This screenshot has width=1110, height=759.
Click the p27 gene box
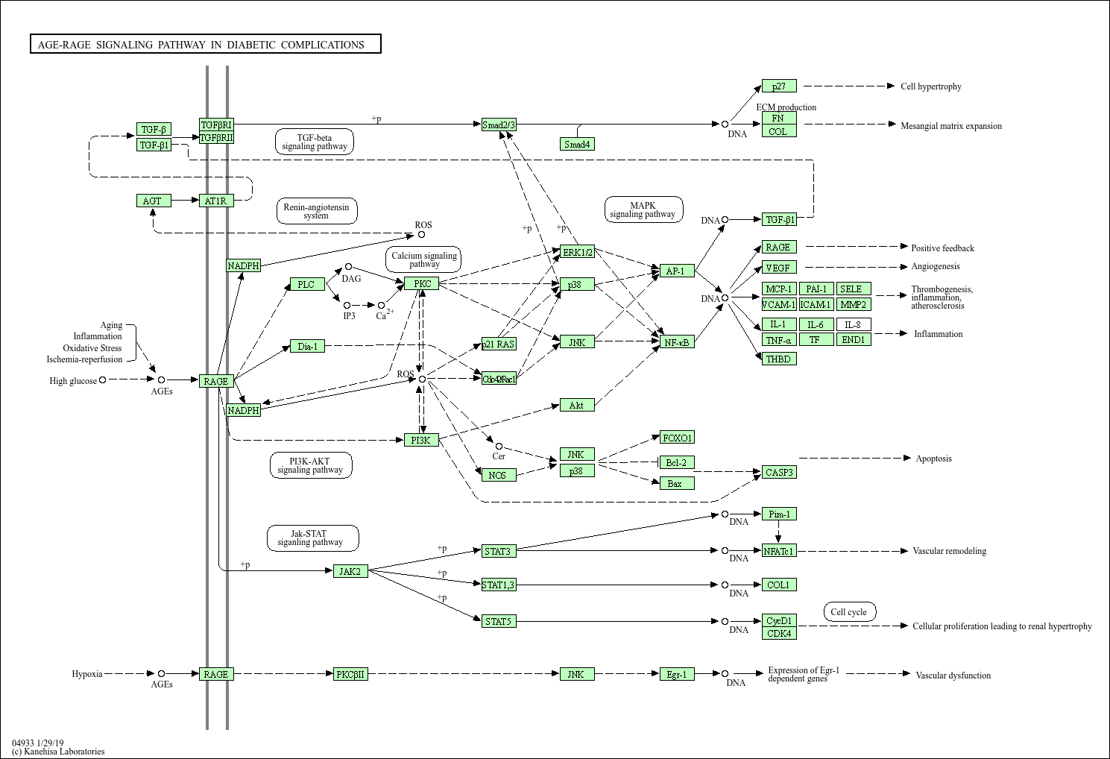[779, 86]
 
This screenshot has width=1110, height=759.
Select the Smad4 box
[577, 144]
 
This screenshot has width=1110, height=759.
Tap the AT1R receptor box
[216, 201]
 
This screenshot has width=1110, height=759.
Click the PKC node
[422, 283]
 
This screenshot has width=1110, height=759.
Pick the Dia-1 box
[307, 346]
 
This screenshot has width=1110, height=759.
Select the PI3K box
[421, 440]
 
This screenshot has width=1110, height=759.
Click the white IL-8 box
[854, 324]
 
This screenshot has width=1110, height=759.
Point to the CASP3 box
[779, 472]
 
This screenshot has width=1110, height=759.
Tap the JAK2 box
[350, 571]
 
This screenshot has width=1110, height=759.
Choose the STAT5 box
[498, 621]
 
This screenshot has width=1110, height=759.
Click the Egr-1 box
[677, 674]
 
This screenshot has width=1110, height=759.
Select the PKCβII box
[350, 674]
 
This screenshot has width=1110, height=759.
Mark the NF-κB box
[677, 342]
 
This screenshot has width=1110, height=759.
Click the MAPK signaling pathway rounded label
[643, 210]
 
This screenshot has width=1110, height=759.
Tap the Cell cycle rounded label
[849, 612]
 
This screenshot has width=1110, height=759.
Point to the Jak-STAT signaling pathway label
[312, 538]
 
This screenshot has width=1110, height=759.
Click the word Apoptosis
[933, 459]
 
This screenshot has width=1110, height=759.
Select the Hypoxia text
[87, 674]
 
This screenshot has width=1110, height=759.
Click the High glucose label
[73, 381]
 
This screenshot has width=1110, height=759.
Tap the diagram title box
[205, 44]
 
